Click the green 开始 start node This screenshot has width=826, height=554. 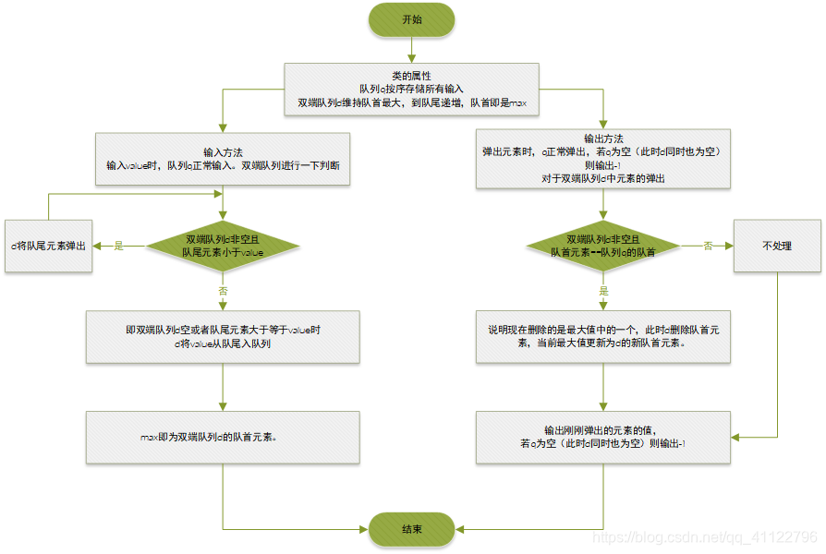(412, 19)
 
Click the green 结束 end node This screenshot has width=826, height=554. (412, 529)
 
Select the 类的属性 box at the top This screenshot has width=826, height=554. (412, 89)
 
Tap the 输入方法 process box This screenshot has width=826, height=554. (223, 159)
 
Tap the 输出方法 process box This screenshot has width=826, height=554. (603, 159)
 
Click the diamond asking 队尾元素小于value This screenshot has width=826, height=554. (223, 246)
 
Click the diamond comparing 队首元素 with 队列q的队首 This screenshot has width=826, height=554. (603, 246)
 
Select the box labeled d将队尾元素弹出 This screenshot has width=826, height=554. (48, 246)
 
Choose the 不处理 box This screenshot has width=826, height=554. (777, 246)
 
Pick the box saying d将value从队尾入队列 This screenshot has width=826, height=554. (223, 336)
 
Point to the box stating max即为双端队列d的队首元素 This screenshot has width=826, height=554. (223, 437)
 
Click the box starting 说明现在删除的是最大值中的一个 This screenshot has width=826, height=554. (603, 336)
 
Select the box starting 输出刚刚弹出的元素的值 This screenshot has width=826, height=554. (603, 437)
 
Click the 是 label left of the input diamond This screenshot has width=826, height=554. (118, 246)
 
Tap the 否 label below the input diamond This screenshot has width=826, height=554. (223, 290)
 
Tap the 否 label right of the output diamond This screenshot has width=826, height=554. (708, 246)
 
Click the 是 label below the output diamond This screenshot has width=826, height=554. (603, 290)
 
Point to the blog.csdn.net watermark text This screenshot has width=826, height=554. (704, 536)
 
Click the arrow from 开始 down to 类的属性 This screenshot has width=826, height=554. (412, 50)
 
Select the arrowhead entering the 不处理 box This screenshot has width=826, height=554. (729, 246)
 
